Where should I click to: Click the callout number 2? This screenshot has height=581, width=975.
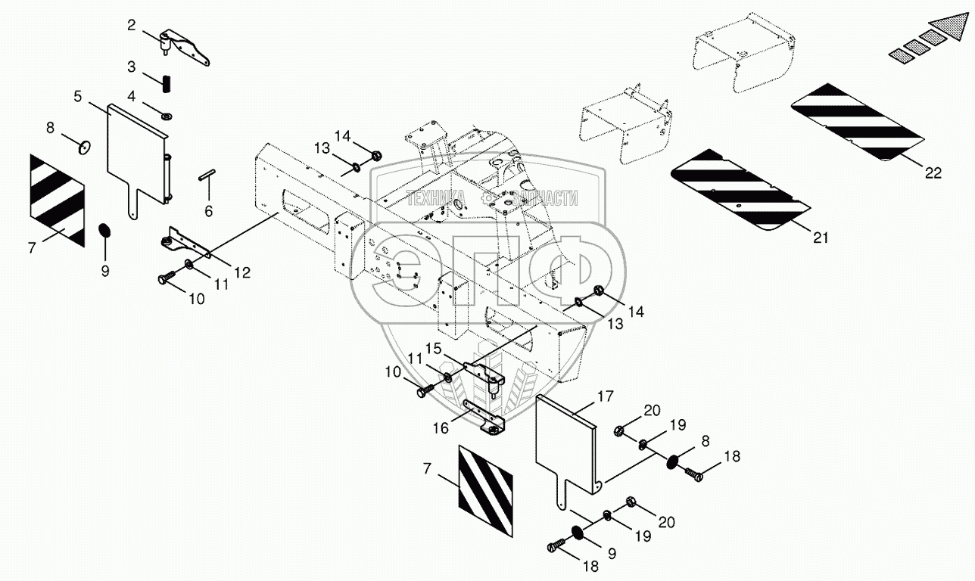[131, 26]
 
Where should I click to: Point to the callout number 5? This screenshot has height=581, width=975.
[78, 97]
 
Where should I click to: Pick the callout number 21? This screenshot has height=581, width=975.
[821, 238]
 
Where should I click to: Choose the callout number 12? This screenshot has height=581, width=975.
[241, 273]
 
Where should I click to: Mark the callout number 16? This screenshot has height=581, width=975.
[441, 427]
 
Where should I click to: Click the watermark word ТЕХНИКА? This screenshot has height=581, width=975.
[435, 199]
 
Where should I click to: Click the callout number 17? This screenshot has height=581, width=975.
[606, 396]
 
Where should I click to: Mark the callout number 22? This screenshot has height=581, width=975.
[933, 173]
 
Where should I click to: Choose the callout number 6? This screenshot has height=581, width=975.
[208, 212]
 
